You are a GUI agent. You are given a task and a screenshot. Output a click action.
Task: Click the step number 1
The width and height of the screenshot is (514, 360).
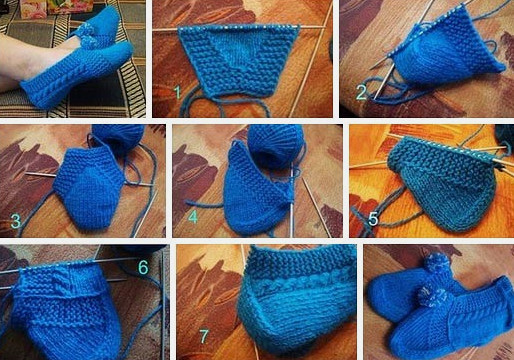pyautogui.click(x=178, y=92)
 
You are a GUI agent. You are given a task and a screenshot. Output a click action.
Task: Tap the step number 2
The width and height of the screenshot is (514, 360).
pyautogui.click(x=361, y=92)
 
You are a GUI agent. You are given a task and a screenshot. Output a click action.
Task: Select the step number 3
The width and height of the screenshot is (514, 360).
pyautogui.click(x=16, y=221)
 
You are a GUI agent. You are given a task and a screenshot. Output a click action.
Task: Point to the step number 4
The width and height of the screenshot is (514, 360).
pyautogui.click(x=193, y=217)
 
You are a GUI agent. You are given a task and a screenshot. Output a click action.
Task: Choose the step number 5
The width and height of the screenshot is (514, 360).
pyautogui.click(x=373, y=219)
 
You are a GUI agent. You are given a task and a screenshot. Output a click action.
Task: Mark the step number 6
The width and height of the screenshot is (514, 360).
pyautogui.click(x=143, y=267)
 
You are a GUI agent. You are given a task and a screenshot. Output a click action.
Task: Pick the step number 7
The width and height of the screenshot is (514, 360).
pyautogui.click(x=204, y=336)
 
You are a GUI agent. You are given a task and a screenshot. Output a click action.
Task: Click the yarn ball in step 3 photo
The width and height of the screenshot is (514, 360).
pyautogui.click(x=117, y=137)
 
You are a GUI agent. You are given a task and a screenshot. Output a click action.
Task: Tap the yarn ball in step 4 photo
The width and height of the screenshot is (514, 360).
pyautogui.click(x=275, y=145)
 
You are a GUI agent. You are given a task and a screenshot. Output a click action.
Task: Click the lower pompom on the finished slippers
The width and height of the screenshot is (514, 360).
pyautogui.click(x=432, y=296)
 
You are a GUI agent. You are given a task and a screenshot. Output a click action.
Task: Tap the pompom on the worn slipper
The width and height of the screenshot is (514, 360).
pyautogui.click(x=87, y=37)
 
